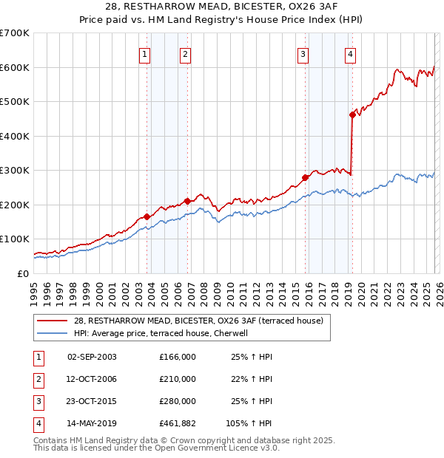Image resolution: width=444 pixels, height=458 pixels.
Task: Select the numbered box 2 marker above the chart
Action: (184, 53)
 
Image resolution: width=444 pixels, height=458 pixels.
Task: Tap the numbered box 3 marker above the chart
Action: (303, 53)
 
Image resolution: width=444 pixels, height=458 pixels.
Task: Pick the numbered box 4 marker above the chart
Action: (349, 53)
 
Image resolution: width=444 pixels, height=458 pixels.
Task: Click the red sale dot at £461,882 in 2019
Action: (352, 115)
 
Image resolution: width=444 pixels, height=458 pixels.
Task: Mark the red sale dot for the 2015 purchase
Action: (305, 177)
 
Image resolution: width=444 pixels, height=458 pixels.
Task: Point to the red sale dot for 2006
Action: (187, 201)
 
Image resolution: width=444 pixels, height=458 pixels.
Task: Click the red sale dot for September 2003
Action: (147, 216)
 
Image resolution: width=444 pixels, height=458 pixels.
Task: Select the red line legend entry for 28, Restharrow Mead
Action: (198, 321)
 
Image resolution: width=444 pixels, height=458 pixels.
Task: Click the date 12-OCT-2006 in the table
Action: (92, 379)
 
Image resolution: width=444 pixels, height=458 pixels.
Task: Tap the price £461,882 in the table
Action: (177, 423)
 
